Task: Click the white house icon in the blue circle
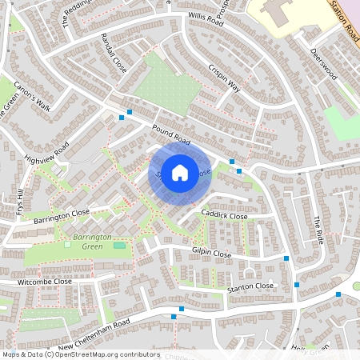[180, 171]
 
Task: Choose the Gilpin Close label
[211, 254]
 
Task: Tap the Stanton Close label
[250, 286]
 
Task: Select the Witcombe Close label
[45, 282]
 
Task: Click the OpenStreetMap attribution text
[81, 354]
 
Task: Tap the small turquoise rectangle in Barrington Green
[120, 245]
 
